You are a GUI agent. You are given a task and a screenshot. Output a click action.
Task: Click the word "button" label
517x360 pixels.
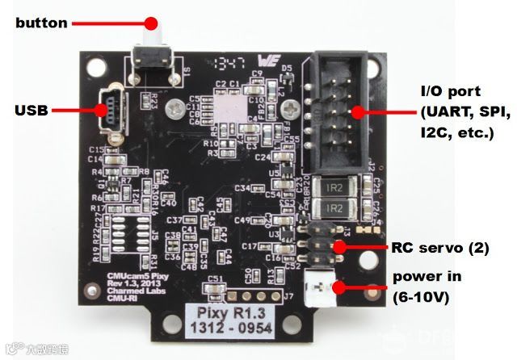tap(42, 23)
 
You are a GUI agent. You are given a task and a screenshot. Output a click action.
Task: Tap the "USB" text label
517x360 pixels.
tap(32, 110)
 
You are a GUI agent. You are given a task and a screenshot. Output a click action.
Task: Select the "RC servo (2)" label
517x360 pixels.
tap(440, 248)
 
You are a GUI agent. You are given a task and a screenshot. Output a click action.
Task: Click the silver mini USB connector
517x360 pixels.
tap(107, 111)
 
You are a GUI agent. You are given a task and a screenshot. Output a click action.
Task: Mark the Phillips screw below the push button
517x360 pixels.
tap(170, 105)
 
